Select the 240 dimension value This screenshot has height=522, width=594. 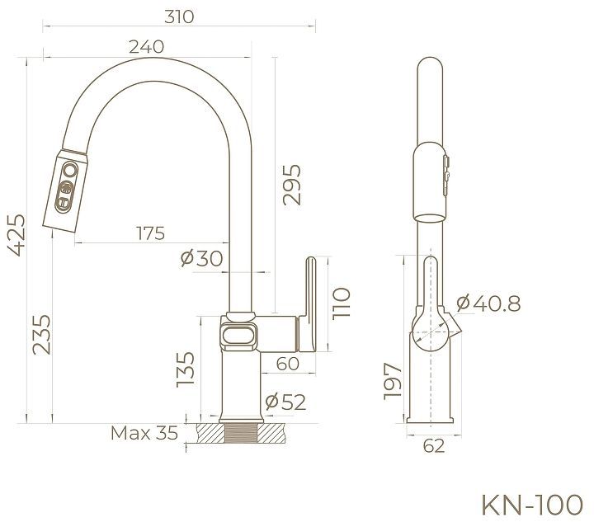pos(145,48)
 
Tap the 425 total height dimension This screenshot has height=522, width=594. pos(16,235)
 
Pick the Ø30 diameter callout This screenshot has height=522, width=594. pos(201,258)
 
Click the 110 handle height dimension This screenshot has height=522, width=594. pos(342,303)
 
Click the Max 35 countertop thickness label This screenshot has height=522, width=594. pos(144,433)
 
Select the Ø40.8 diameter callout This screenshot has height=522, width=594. pos(488,303)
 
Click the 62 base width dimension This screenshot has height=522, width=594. pos(434,446)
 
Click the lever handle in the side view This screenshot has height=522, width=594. pos(310,305)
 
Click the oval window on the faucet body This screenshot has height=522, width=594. pos(239,336)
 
